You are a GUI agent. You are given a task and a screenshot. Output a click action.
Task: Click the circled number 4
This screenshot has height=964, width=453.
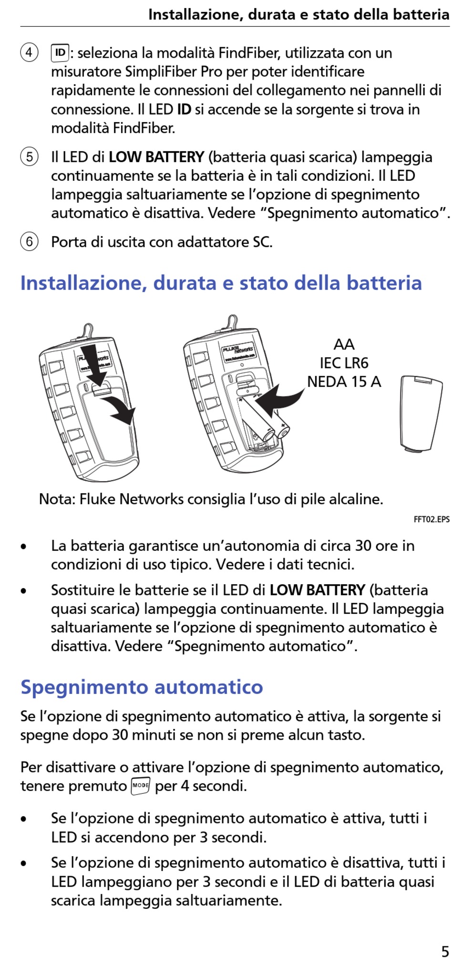tap(29, 52)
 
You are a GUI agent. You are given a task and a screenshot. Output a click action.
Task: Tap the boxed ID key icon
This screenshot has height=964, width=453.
tap(60, 52)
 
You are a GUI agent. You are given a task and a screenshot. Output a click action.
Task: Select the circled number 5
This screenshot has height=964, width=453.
tap(29, 156)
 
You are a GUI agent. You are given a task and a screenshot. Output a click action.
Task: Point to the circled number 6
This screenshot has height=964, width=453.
tap(29, 241)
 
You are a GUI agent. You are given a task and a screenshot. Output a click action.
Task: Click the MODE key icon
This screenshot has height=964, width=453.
tap(140, 785)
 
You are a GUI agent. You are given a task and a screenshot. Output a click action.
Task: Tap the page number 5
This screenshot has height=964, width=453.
tap(444, 951)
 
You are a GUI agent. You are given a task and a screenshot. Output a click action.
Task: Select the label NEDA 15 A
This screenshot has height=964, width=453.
tap(344, 382)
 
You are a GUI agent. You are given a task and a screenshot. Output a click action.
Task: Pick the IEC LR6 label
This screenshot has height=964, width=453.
tap(344, 363)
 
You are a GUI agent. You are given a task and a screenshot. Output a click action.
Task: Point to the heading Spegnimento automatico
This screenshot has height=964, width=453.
tap(142, 687)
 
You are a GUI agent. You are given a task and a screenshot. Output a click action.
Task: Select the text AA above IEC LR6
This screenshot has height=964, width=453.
tap(344, 344)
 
